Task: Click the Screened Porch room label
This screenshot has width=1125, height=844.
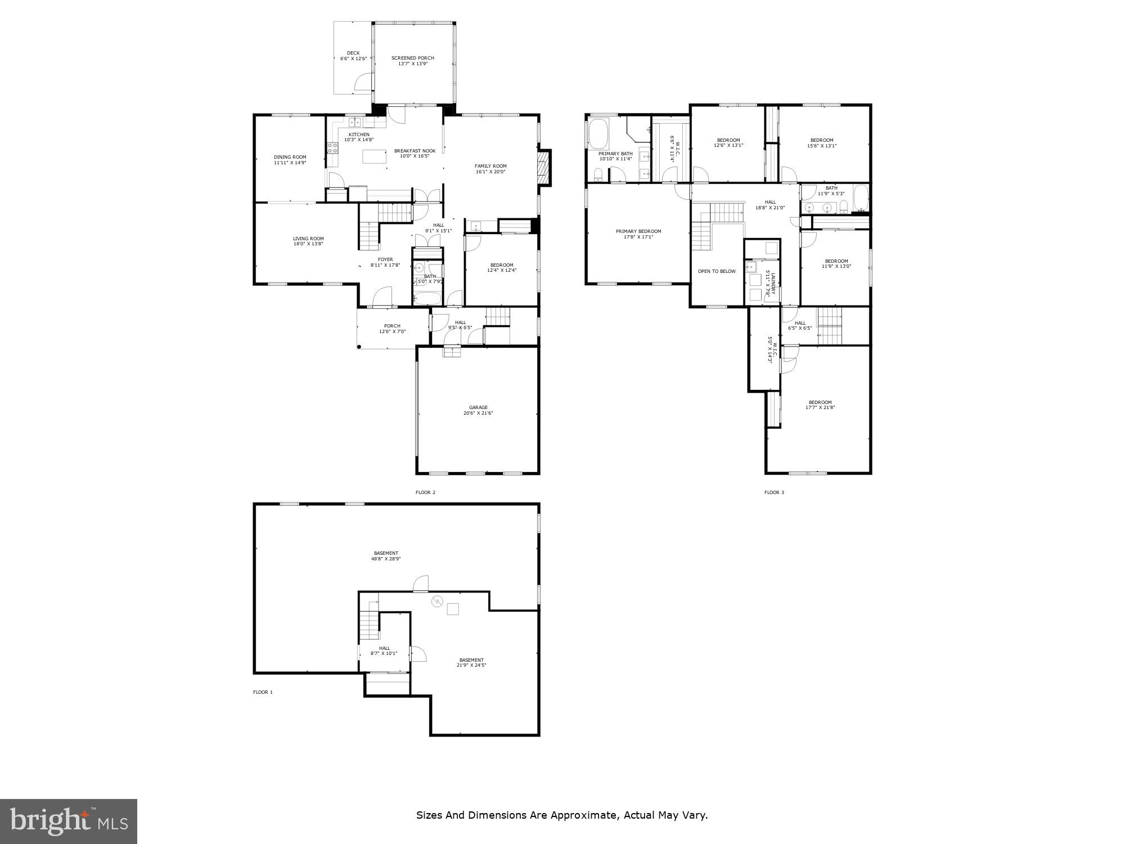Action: [412, 58]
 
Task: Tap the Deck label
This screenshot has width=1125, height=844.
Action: [353, 53]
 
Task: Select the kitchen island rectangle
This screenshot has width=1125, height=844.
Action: [376, 156]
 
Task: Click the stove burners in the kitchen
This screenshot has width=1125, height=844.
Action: [332, 148]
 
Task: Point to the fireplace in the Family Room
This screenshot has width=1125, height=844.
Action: [544, 167]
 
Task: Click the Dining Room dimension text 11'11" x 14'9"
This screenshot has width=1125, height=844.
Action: [290, 163]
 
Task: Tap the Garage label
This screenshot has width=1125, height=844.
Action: [478, 407]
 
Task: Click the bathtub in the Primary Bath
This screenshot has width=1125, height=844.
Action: [598, 133]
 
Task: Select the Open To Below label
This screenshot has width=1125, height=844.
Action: [716, 271]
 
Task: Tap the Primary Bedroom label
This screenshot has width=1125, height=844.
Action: [638, 231]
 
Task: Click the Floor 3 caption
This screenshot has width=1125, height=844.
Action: [773, 492]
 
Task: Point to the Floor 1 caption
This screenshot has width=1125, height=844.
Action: [263, 692]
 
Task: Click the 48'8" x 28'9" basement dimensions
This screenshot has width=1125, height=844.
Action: [386, 559]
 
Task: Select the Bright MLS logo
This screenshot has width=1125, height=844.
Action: [69, 821]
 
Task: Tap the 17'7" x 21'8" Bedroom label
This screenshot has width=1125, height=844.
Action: [820, 407]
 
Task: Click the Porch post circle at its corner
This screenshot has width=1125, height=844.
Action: [359, 347]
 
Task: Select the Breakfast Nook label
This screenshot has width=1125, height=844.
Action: [415, 151]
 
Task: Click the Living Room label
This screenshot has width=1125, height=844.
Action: [308, 239]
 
